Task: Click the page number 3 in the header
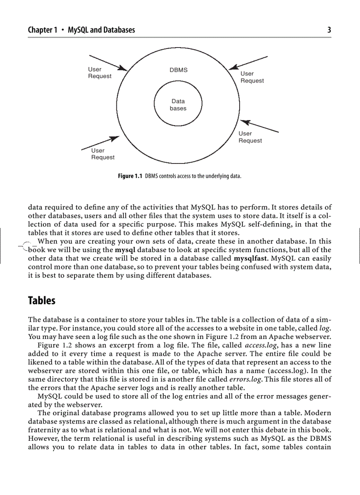coord(329,30)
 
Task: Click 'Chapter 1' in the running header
coord(42,30)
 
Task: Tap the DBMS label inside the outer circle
coord(178,70)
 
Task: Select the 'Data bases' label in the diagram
coord(178,105)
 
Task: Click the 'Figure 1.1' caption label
coord(130,176)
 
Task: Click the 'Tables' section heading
coord(41,301)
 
